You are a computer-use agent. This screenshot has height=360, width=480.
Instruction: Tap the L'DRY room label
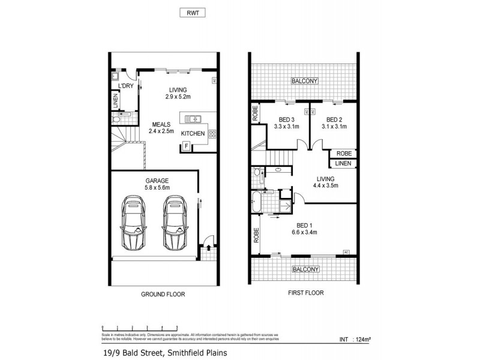[125, 86]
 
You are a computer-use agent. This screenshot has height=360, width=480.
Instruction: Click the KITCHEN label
[193, 133]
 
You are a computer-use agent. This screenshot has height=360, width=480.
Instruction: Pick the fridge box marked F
[186, 146]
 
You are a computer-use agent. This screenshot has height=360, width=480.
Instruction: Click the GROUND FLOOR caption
[163, 295]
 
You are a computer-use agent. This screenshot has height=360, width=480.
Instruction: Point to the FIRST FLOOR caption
[304, 293]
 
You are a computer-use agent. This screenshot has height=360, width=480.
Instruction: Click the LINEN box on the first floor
[343, 163]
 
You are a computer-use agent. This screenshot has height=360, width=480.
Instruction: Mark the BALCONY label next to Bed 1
[305, 269]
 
